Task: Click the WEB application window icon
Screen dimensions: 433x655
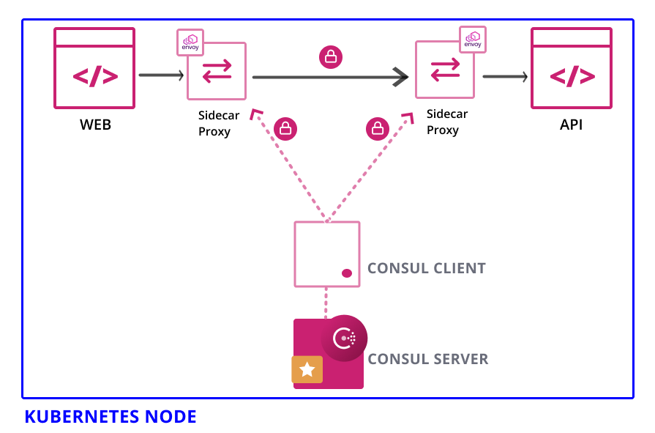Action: (94, 68)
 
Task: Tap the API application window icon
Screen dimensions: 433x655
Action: (572, 68)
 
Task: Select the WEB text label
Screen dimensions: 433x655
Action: (95, 125)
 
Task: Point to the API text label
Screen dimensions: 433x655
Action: (572, 125)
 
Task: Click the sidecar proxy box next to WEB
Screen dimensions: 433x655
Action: (217, 71)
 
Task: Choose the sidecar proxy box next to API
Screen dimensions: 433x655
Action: (444, 70)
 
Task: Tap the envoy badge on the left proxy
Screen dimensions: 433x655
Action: (190, 42)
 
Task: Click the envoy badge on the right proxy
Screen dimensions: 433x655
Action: (473, 39)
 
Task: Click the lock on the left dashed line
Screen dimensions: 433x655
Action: (285, 129)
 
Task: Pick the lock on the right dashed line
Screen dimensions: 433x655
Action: (377, 129)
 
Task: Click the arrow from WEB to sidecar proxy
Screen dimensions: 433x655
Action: (160, 75)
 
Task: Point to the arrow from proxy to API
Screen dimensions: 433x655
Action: (505, 76)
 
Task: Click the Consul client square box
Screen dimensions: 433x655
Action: (326, 253)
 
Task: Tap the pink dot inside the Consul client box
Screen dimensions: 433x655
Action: (347, 273)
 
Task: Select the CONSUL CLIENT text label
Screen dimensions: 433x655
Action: (426, 268)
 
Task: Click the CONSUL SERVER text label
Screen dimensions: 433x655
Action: (427, 359)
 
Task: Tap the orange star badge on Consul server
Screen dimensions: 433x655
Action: (307, 370)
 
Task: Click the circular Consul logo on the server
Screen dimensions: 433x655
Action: (344, 338)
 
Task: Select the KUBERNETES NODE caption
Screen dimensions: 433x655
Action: (111, 417)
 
